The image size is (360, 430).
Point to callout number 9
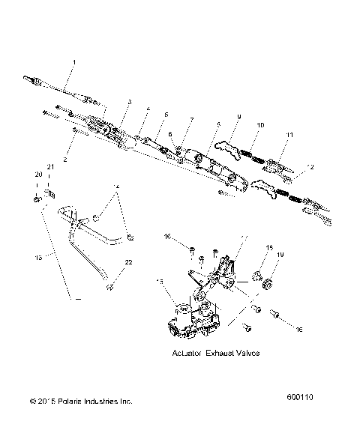pos(239,117)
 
